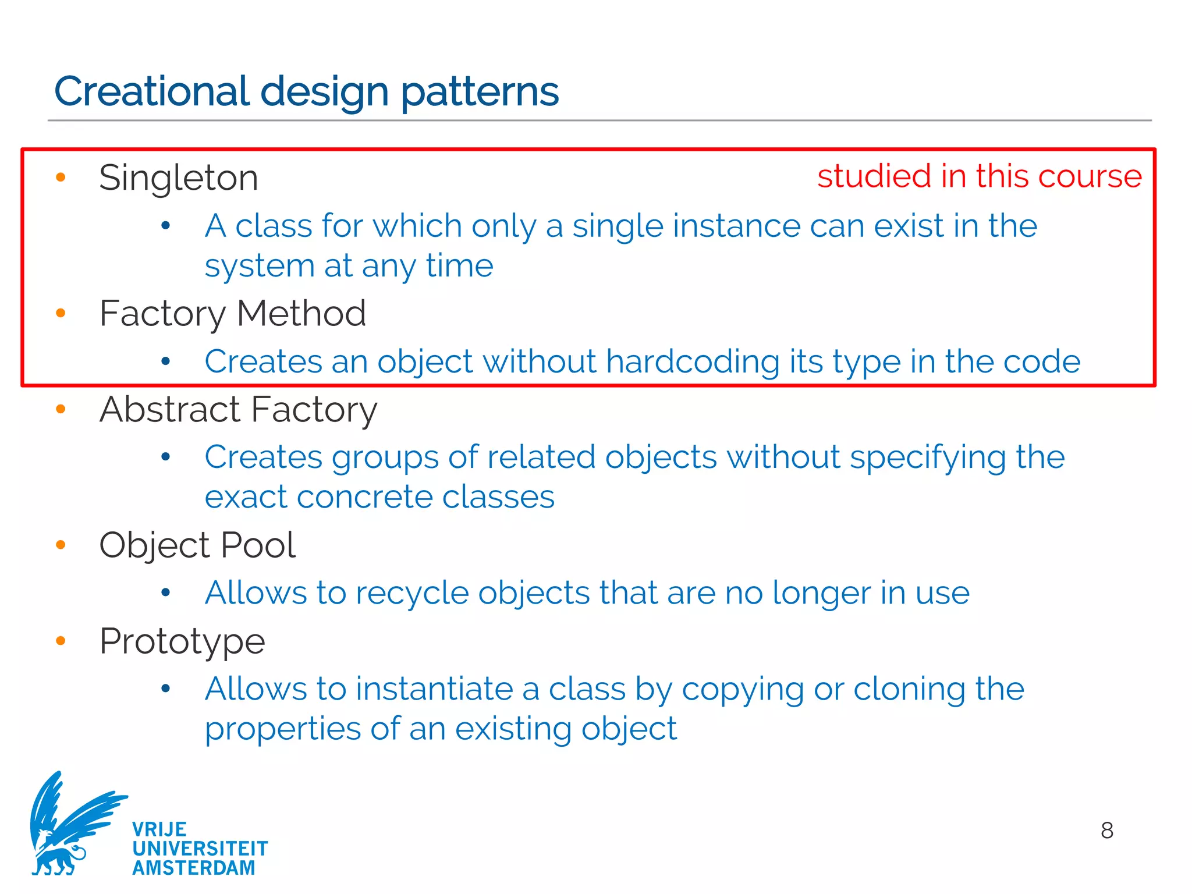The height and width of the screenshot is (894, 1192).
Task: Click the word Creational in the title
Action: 151,91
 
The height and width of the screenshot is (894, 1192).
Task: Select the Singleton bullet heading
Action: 179,178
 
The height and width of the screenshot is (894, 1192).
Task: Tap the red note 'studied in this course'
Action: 979,176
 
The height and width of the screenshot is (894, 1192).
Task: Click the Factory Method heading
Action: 233,313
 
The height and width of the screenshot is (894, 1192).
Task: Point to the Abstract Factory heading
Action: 239,409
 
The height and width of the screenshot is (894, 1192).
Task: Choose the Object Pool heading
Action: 197,545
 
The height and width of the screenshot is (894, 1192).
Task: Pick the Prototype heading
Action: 182,641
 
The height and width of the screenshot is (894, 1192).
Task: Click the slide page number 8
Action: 1106,830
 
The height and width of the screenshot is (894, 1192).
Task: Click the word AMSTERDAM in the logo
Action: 194,868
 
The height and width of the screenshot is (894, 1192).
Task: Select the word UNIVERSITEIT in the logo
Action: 200,849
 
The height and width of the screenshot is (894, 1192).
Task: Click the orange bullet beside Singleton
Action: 61,177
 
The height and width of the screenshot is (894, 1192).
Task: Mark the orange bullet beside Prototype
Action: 61,641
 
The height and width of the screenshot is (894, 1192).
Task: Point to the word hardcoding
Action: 693,361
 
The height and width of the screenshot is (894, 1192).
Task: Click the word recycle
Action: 412,593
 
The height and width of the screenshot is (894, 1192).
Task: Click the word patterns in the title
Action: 480,91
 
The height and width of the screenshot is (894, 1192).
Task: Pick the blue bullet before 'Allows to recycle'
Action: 166,593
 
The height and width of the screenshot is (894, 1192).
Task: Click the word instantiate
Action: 434,689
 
